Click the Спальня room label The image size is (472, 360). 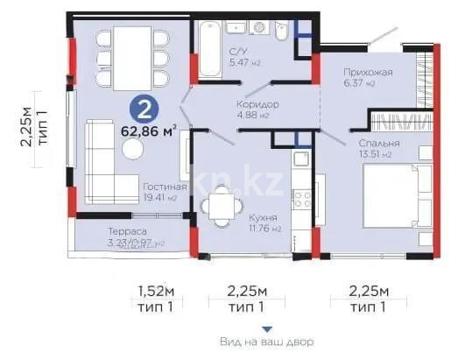pos(378,143)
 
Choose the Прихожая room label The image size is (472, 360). pos(368,72)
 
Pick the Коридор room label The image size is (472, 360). pos(257,103)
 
